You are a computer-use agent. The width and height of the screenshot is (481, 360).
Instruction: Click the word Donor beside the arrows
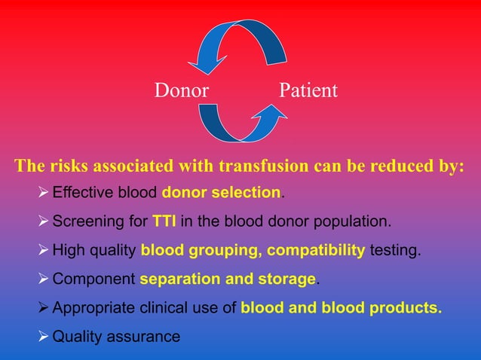[181, 91]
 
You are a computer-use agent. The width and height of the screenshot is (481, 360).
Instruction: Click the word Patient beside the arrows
[308, 91]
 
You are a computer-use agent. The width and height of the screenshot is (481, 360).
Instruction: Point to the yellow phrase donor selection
[221, 193]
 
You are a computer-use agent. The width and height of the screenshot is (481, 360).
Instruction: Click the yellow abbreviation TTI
[164, 222]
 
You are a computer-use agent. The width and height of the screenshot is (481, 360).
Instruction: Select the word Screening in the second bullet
[83, 222]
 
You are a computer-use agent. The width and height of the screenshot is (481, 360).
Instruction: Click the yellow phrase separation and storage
[228, 279]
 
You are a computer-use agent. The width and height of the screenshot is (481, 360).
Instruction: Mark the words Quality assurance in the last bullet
[116, 337]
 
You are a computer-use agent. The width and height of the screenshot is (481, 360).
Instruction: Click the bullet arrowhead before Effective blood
[43, 193]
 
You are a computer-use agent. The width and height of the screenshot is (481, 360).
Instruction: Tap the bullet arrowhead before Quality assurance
[43, 336]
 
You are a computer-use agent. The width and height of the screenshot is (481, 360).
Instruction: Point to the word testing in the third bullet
[394, 250]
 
